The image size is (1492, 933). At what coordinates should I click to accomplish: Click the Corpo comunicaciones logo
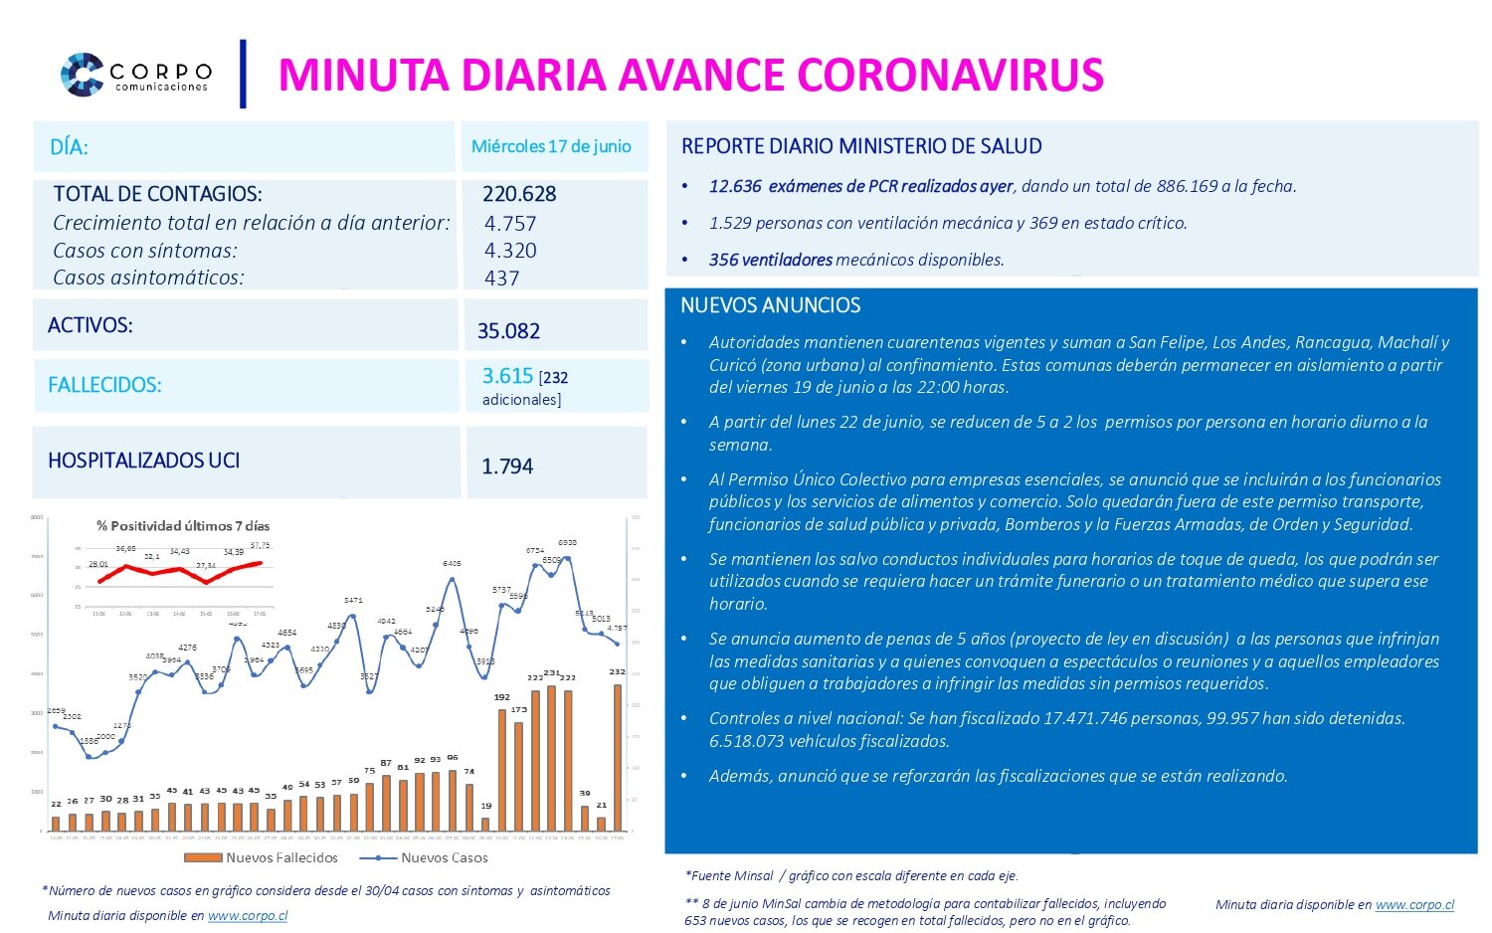(134, 75)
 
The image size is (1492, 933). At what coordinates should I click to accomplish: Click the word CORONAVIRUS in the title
(950, 76)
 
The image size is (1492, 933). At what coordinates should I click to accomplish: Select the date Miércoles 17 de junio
(551, 146)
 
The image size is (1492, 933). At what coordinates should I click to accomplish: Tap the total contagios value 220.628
(519, 194)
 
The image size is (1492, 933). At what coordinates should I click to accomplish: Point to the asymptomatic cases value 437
(501, 279)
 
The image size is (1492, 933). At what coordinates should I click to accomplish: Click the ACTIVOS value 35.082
(508, 331)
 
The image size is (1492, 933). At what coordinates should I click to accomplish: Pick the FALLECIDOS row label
(104, 385)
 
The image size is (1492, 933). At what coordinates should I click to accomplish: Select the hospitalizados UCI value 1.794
(507, 466)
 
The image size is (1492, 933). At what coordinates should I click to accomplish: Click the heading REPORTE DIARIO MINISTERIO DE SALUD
(861, 146)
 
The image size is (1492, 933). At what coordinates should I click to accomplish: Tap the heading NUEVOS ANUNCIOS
(770, 305)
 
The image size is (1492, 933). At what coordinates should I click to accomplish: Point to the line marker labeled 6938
(568, 558)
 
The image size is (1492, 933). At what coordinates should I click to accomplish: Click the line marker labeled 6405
(453, 579)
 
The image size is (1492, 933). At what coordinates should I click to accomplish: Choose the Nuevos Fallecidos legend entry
(263, 857)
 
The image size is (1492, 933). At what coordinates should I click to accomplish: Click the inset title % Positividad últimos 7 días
(183, 525)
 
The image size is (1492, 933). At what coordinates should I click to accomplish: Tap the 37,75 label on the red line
(260, 546)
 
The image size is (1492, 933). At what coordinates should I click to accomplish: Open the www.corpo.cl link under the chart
(248, 915)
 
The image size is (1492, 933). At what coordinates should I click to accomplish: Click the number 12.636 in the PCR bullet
(734, 186)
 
